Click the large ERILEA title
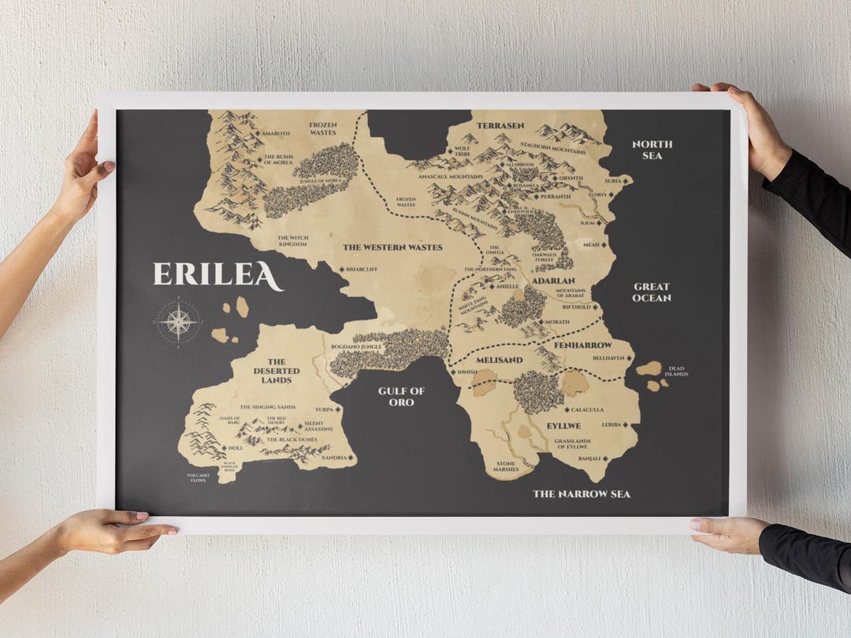tap(217, 275)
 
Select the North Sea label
tap(652, 150)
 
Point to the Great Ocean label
tap(652, 292)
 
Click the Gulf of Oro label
tap(401, 396)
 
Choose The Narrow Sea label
tap(582, 494)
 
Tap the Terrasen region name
tap(500, 125)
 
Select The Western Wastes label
tap(392, 247)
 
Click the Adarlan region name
tap(553, 280)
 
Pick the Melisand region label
tap(499, 360)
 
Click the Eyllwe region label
tap(564, 425)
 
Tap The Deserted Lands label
tap(277, 371)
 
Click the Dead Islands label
tap(678, 371)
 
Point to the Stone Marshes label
tap(506, 466)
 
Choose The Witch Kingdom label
tap(292, 239)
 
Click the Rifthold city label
tap(576, 307)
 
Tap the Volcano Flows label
tap(198, 478)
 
